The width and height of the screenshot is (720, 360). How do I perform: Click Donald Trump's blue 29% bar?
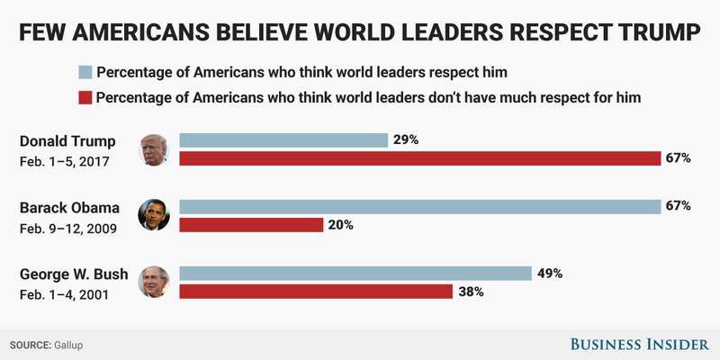tap(283, 140)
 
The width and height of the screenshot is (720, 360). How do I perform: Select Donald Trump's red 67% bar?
tap(420, 159)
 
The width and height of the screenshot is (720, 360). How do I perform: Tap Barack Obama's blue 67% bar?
tap(420, 206)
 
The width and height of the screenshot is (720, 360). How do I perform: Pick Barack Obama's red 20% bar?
tap(251, 225)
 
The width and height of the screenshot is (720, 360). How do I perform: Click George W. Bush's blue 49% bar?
tap(355, 273)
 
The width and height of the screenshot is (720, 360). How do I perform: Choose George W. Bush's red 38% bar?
tap(316, 292)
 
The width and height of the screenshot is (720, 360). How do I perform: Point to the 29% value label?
tap(407, 140)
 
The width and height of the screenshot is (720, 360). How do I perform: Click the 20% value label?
tap(341, 225)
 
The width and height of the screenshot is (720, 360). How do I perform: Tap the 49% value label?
tap(550, 273)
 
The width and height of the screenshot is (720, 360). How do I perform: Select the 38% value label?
tap(471, 292)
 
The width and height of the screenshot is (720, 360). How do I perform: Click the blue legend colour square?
tap(85, 72)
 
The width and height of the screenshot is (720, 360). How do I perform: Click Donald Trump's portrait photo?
tap(154, 149)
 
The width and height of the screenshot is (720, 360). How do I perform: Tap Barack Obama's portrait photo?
tap(154, 215)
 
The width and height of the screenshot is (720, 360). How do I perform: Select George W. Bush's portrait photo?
tap(154, 282)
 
